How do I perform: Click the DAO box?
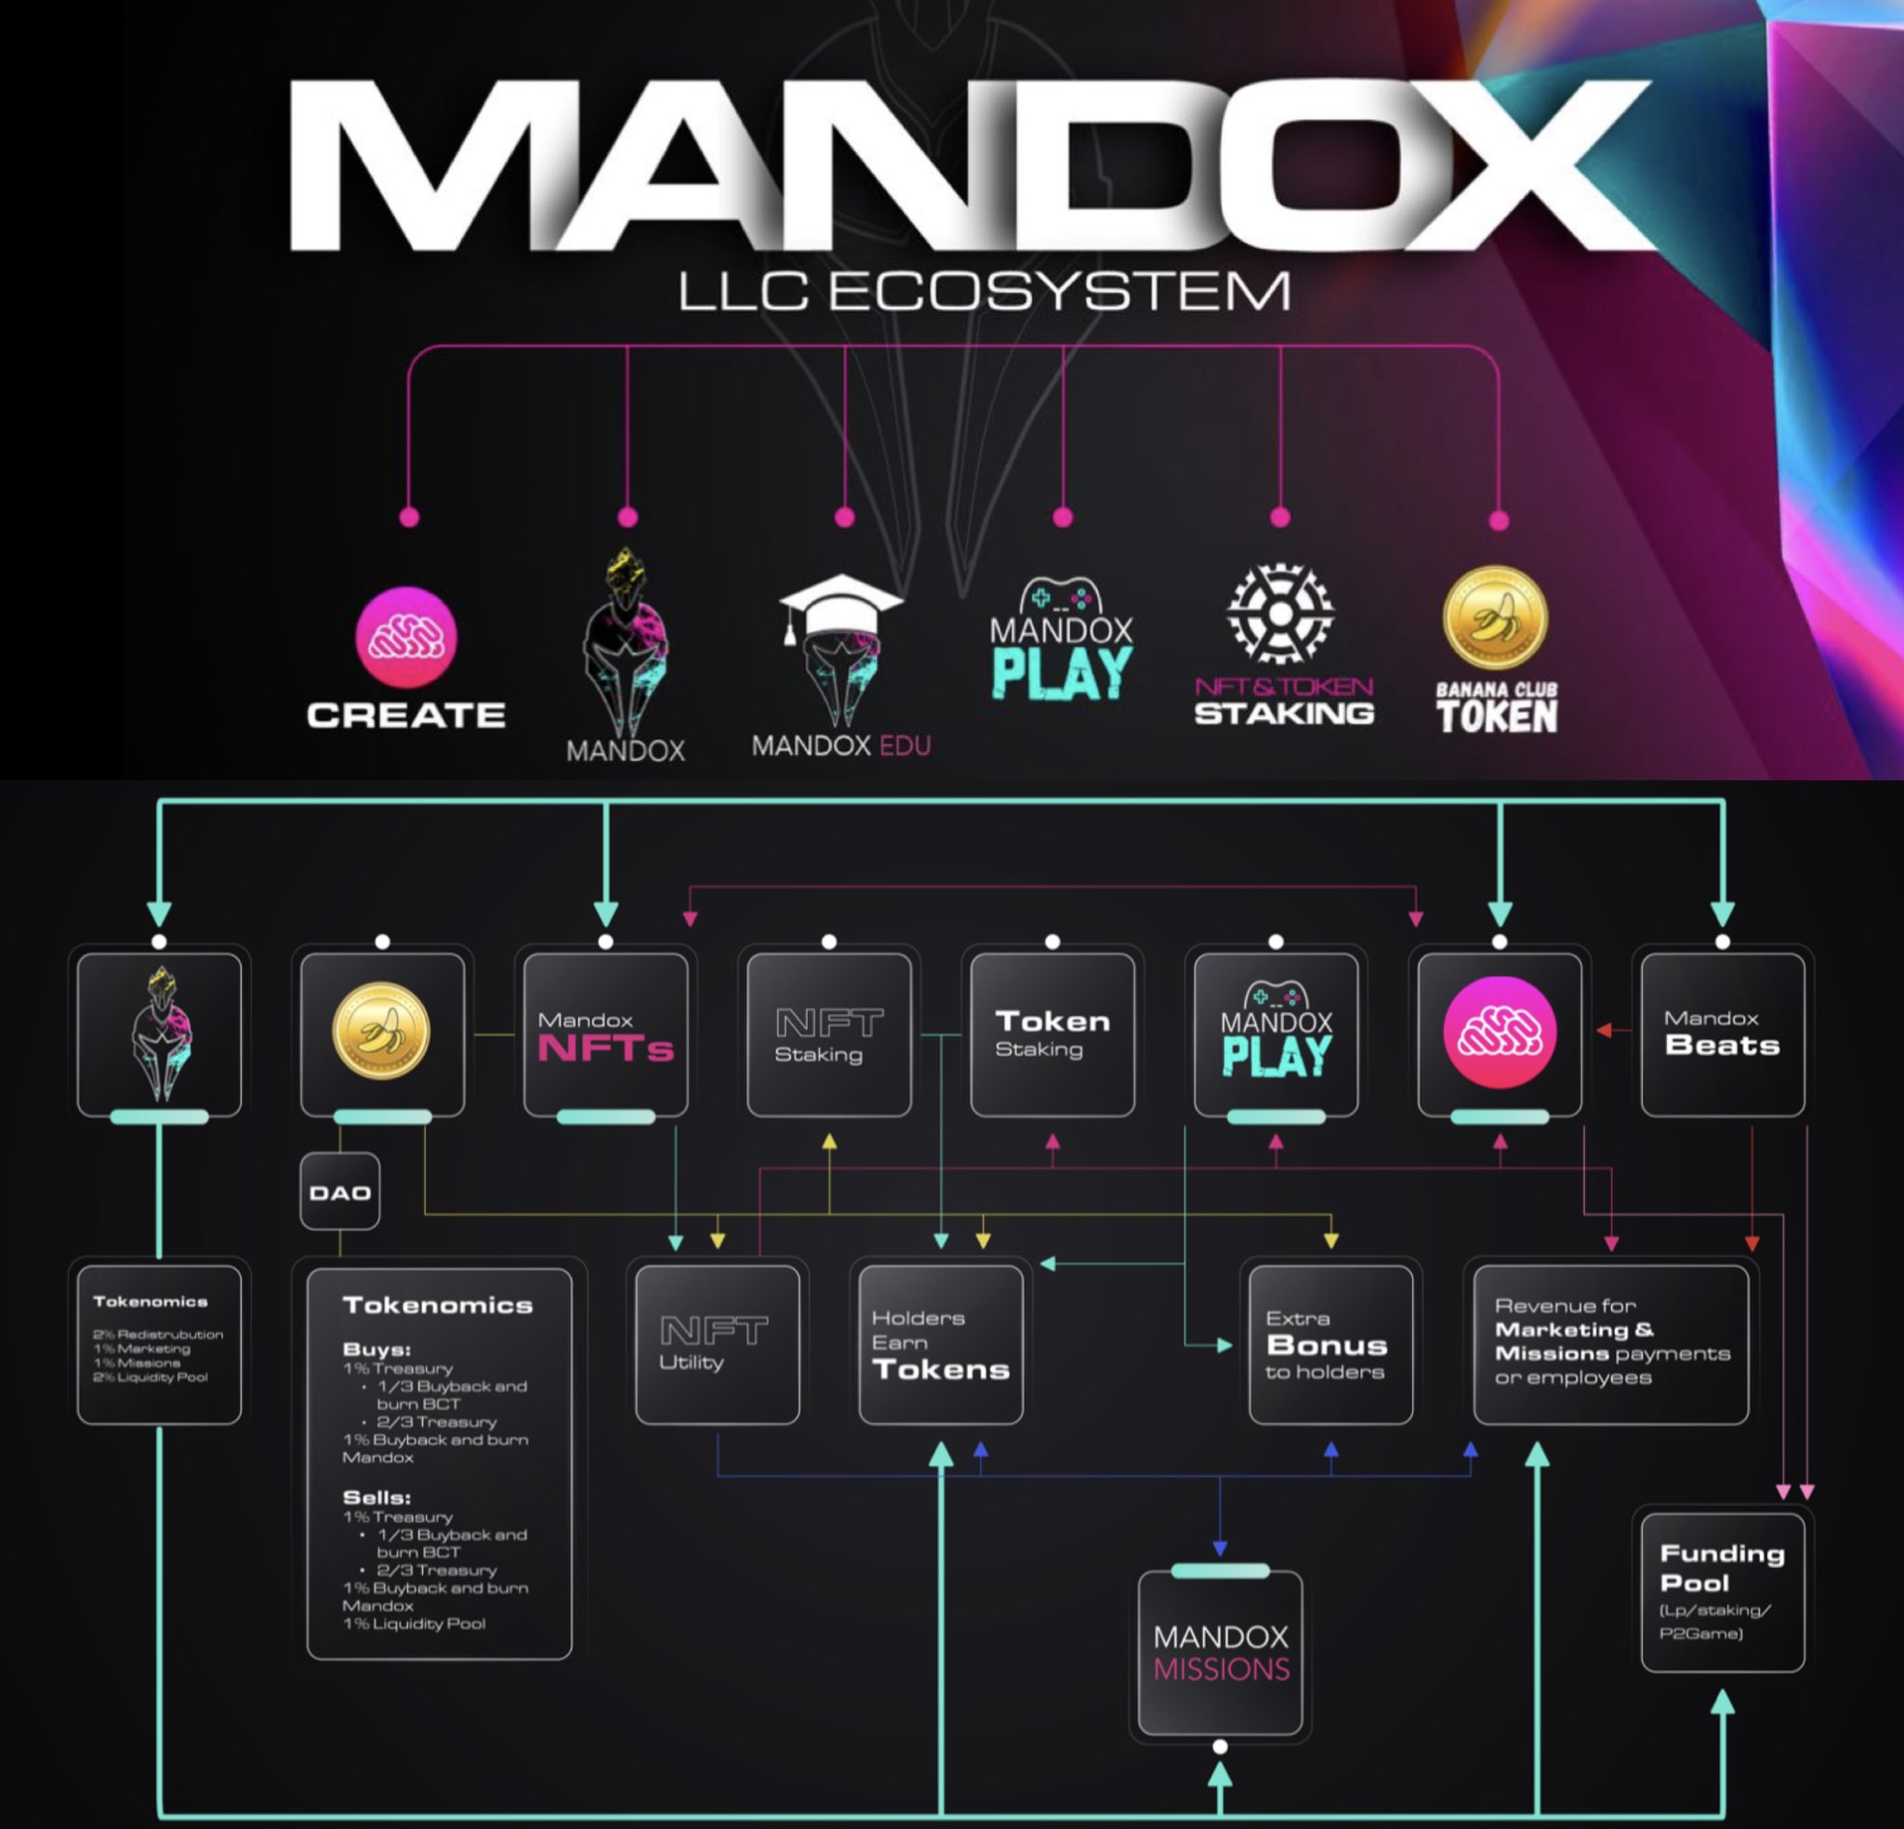coord(340,1191)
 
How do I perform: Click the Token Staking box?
coord(1052,1034)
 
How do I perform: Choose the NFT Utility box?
coord(717,1344)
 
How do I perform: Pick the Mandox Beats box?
coord(1723,1034)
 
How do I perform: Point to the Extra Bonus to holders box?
coord(1329,1344)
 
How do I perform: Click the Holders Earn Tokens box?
coord(940,1344)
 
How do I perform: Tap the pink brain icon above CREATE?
coord(407,638)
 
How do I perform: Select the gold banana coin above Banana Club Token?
coord(1495,618)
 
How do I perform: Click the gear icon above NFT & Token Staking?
coord(1280,612)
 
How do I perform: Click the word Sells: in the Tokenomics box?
coord(377,1497)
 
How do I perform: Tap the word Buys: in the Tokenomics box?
coord(377,1349)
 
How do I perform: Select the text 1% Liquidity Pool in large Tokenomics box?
coord(414,1623)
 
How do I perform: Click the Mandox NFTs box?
coord(605,1034)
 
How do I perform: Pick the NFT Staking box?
coord(828,1034)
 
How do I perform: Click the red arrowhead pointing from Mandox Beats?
coord(1604,1030)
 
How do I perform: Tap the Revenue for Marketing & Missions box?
coord(1610,1344)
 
